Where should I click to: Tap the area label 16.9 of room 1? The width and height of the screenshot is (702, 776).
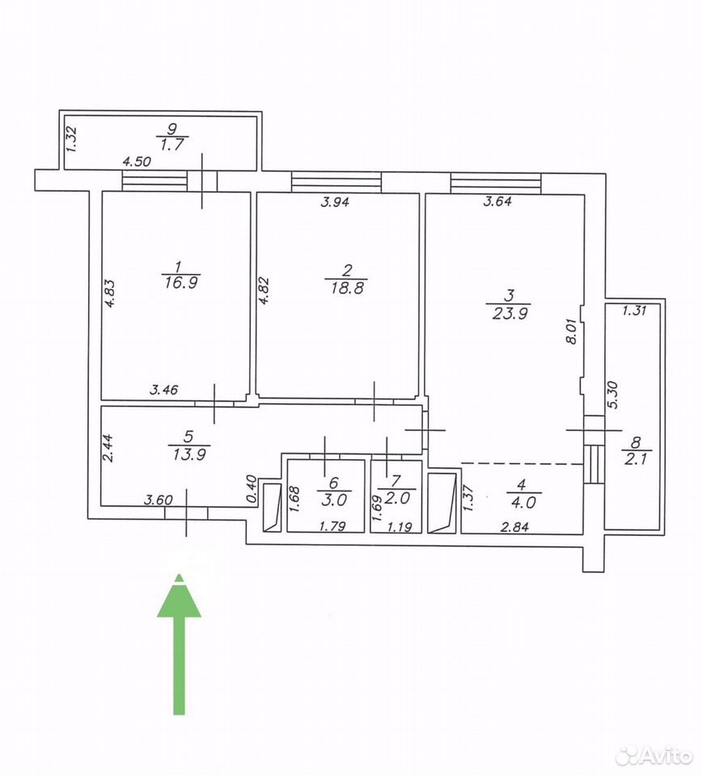tap(180, 283)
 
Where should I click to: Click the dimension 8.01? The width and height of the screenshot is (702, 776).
tap(573, 331)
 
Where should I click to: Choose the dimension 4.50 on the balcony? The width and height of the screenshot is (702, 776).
tap(137, 162)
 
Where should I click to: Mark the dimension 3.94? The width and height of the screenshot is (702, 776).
tap(335, 202)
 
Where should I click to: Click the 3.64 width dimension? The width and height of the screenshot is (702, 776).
tap(497, 201)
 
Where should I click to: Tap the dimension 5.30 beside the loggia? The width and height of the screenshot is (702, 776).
tap(612, 394)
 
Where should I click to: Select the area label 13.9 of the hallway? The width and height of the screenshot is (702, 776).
tap(188, 453)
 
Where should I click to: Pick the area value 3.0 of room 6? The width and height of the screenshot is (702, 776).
tap(334, 500)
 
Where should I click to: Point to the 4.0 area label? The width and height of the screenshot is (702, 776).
tap(524, 502)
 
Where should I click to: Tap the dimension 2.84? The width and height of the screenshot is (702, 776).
tap(515, 527)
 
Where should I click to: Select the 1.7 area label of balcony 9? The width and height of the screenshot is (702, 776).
tap(171, 145)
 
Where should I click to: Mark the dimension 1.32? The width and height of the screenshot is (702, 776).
tap(72, 140)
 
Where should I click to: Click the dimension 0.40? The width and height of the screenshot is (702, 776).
tap(252, 490)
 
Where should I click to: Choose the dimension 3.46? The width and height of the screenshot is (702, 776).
tap(164, 390)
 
